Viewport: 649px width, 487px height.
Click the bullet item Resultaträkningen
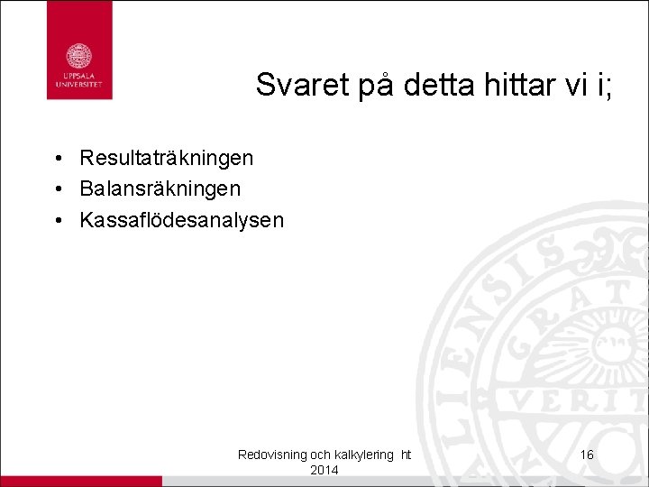point(167,159)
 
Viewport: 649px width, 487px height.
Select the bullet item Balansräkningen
point(160,189)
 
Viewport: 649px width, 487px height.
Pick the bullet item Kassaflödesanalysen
point(182,220)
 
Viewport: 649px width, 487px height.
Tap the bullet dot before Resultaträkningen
point(56,160)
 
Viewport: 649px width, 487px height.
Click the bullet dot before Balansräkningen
point(56,190)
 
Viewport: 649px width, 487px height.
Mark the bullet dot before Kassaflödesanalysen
point(56,221)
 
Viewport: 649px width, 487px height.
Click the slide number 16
point(587,455)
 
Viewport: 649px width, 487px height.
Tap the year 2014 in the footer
point(324,470)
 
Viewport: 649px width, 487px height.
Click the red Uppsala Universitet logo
point(79,51)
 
